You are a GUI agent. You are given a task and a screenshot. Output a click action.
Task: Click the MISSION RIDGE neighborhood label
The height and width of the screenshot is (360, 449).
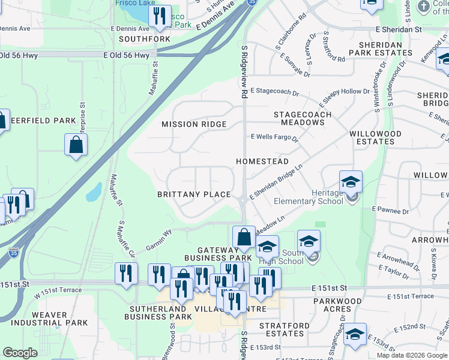pyautogui.click(x=194, y=125)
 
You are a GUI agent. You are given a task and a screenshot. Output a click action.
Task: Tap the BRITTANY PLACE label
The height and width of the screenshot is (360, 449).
pyautogui.click(x=194, y=194)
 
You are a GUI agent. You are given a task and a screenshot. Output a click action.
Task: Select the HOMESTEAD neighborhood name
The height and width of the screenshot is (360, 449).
pyautogui.click(x=262, y=161)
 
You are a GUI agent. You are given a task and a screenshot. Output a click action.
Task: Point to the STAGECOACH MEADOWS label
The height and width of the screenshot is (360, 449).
pyautogui.click(x=299, y=118)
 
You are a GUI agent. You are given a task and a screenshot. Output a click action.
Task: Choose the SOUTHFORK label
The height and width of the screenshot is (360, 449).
pyautogui.click(x=145, y=39)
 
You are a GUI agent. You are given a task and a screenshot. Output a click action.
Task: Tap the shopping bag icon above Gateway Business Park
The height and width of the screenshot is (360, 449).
pyautogui.click(x=244, y=237)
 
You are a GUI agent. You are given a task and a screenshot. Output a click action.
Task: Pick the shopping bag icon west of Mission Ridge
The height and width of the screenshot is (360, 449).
pyautogui.click(x=76, y=145)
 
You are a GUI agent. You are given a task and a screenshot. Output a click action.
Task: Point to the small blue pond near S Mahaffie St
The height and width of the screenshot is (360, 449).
pyautogui.click(x=94, y=192)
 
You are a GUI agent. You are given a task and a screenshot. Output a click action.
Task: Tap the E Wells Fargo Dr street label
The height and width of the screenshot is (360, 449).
pyautogui.click(x=274, y=137)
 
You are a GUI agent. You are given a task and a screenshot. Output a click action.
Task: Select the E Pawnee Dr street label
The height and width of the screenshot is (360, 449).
pyautogui.click(x=390, y=210)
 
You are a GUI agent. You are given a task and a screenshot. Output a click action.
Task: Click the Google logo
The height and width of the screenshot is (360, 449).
pyautogui.click(x=20, y=353)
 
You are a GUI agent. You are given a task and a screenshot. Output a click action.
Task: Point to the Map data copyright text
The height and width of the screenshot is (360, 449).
pyautogui.click(x=412, y=355)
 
